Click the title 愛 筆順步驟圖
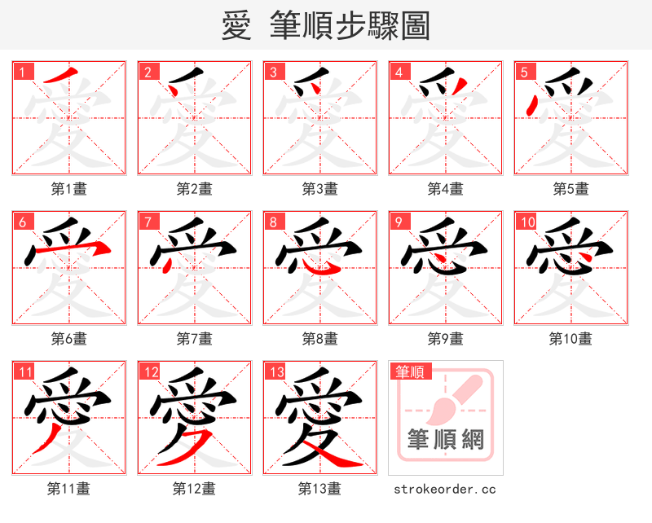coord(325,26)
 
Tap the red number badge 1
coord(22,72)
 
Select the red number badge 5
coord(524,72)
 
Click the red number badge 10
coord(526,222)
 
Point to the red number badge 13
coord(275,372)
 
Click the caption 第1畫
coord(69,189)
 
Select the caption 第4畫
coord(446,189)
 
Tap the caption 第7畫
coord(195,339)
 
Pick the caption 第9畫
coord(446,339)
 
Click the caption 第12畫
coord(195,489)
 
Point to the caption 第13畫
coord(320,489)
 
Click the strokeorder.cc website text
coord(445,489)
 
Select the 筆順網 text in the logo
coord(445,440)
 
